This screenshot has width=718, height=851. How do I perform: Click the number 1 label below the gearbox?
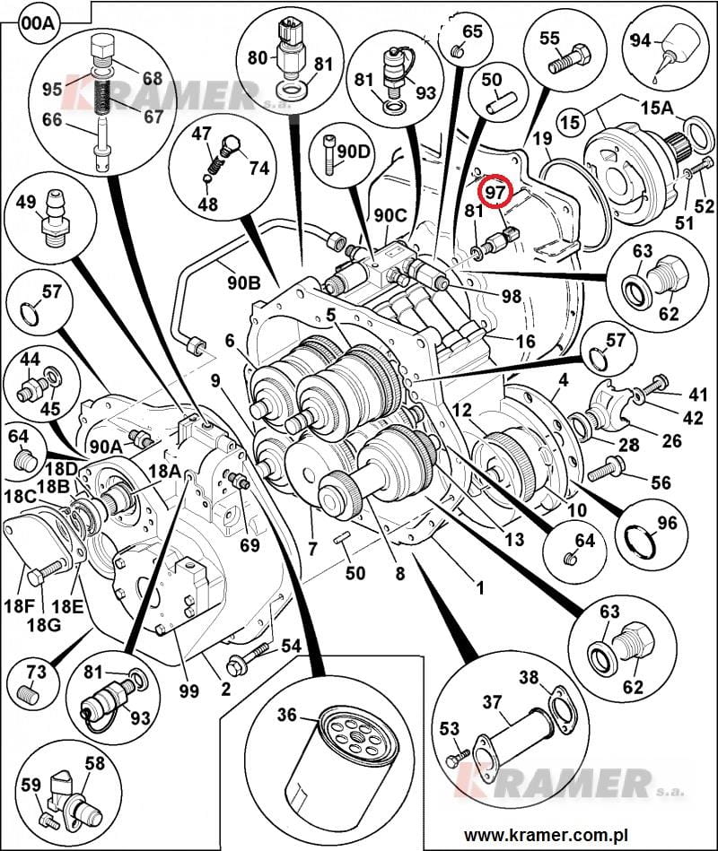point(479,588)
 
